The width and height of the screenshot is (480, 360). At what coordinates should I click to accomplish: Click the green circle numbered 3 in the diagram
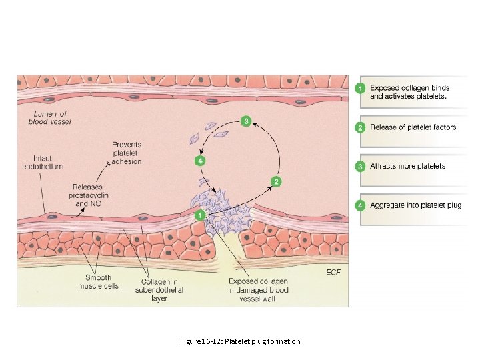click(x=246, y=121)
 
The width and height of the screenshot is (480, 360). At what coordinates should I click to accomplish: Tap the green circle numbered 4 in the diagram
click(x=199, y=161)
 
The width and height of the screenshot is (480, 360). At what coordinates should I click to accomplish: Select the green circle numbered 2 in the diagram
click(x=276, y=181)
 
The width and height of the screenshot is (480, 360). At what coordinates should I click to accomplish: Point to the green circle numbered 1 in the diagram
click(x=199, y=215)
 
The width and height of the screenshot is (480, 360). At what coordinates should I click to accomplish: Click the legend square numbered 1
click(x=360, y=88)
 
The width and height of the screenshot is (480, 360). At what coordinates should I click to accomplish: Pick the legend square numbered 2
click(x=360, y=127)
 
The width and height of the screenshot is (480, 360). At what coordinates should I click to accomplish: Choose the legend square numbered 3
click(x=360, y=166)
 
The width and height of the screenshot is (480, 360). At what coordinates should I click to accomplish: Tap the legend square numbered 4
click(x=360, y=205)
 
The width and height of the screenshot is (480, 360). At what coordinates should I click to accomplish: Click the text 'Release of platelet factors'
click(x=413, y=127)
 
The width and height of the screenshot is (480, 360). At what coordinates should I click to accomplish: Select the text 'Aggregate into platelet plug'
click(x=416, y=205)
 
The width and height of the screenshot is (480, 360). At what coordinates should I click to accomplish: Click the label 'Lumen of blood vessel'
click(x=49, y=118)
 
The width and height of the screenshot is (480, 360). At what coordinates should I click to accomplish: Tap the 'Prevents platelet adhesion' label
click(x=127, y=153)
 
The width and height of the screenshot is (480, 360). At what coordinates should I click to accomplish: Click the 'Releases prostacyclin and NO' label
click(x=88, y=194)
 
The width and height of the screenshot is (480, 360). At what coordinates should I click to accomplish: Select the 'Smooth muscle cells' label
click(x=99, y=282)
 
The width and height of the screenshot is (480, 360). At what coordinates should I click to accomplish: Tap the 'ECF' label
click(x=333, y=273)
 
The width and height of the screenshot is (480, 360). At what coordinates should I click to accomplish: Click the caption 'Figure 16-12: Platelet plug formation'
click(x=240, y=341)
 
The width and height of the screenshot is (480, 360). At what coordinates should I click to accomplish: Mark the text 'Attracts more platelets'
click(x=408, y=166)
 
